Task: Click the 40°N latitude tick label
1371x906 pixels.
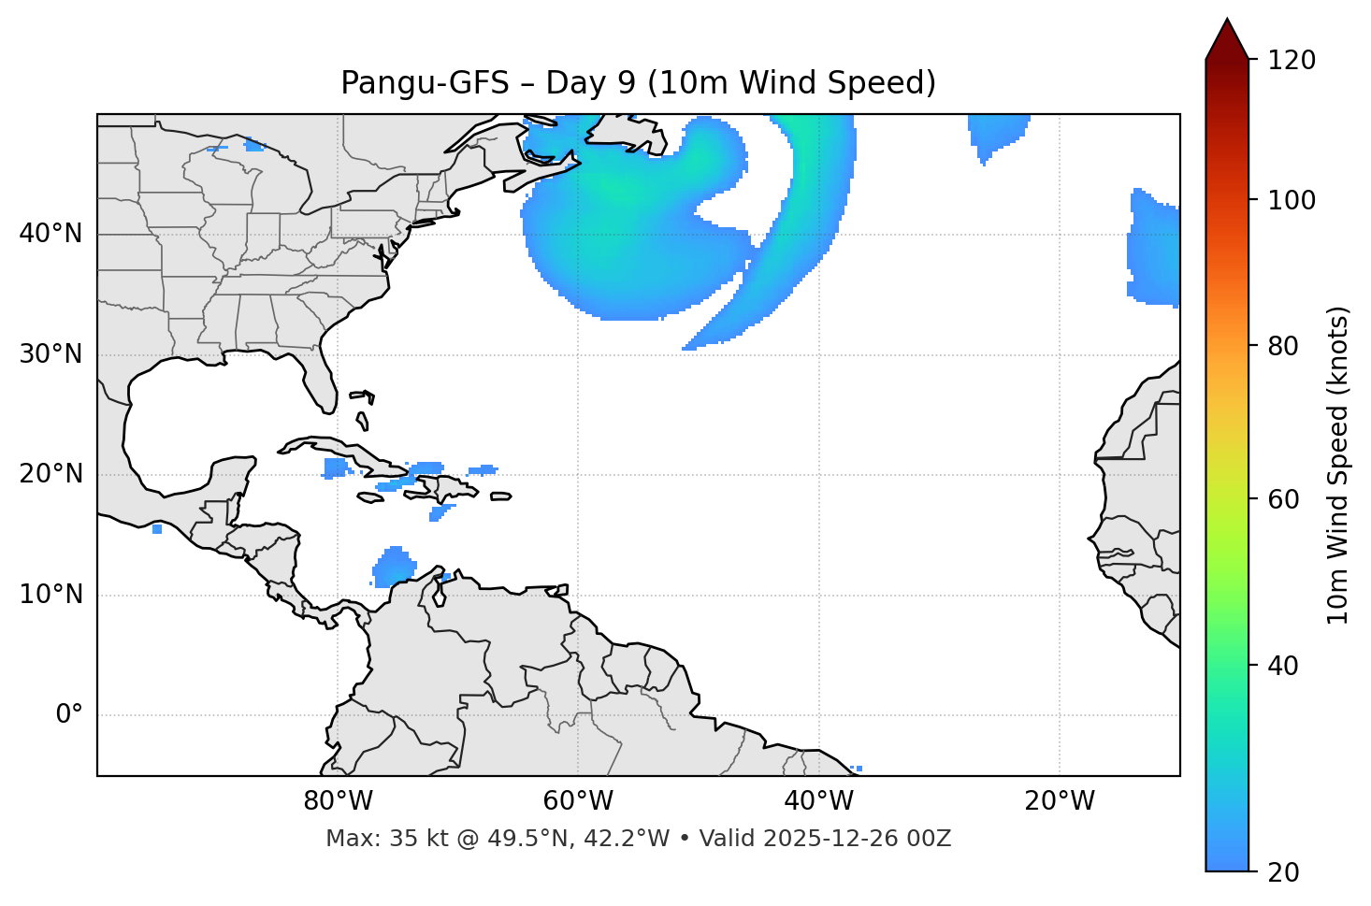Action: pyautogui.click(x=51, y=234)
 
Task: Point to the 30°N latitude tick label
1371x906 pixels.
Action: pyautogui.click(x=51, y=354)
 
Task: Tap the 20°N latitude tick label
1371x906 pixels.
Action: pyautogui.click(x=51, y=474)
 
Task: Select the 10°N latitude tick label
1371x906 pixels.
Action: pyautogui.click(x=51, y=595)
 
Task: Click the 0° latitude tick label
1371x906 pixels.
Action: pyautogui.click(x=69, y=715)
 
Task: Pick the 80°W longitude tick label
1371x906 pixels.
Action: pyautogui.click(x=338, y=801)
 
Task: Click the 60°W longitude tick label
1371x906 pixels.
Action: pyautogui.click(x=578, y=801)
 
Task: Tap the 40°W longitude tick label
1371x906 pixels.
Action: pyautogui.click(x=818, y=801)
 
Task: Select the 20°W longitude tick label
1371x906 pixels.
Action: pyautogui.click(x=1060, y=801)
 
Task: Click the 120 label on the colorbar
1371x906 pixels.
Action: pyautogui.click(x=1292, y=61)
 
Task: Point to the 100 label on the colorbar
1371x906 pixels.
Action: pyautogui.click(x=1292, y=200)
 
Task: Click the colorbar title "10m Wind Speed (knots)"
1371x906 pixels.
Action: pyautogui.click(x=1338, y=465)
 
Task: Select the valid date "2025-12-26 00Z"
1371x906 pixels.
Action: pyautogui.click(x=857, y=839)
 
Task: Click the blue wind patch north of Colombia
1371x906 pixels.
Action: pyautogui.click(x=394, y=566)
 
